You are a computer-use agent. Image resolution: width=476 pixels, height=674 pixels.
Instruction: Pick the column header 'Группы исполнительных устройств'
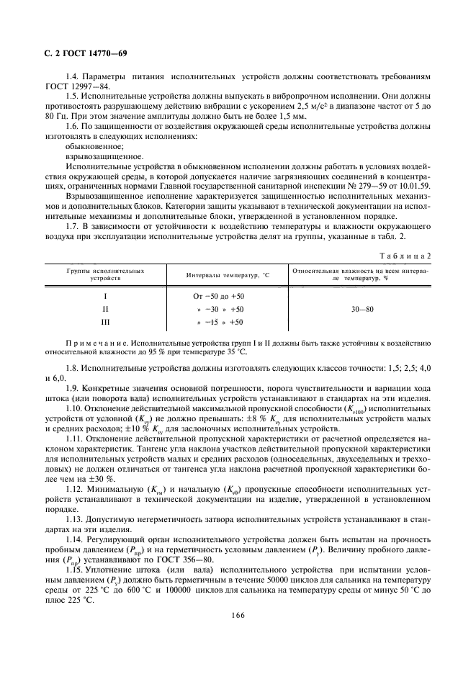105,274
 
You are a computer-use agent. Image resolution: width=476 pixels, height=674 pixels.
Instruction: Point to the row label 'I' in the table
105,296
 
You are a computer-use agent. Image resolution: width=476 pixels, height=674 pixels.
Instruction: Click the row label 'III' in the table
105,322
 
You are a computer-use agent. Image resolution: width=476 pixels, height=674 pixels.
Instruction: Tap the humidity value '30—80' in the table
362,309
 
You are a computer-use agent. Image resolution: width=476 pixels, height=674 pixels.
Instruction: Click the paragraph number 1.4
72,76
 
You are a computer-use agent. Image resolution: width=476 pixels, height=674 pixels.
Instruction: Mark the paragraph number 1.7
72,227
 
